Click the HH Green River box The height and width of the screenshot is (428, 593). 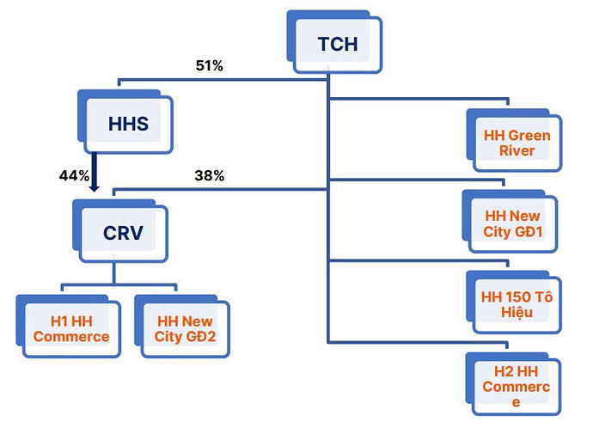tap(517, 143)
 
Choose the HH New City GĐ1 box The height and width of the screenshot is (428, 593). tap(512, 224)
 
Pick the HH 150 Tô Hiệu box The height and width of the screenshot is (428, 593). tap(517, 304)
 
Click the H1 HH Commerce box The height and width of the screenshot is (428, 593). tap(71, 328)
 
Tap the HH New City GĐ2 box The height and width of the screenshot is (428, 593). tap(186, 328)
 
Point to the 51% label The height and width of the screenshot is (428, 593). tap(208, 66)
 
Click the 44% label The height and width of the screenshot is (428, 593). tap(74, 175)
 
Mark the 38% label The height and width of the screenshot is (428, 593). tap(209, 175)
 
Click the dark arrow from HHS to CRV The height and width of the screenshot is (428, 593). tap(95, 170)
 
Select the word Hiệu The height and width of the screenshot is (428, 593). tap(516, 313)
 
